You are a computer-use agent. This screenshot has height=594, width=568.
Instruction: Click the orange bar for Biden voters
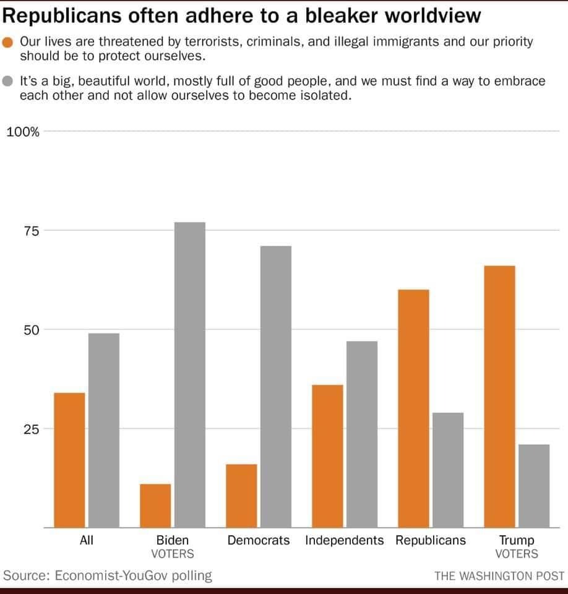point(155,506)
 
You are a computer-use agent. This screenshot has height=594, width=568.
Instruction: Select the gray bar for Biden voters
point(190,374)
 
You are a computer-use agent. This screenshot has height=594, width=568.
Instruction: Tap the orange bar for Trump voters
point(499,396)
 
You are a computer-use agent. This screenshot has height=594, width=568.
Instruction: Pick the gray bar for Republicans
point(448,470)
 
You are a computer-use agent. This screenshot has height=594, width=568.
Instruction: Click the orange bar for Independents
point(327,456)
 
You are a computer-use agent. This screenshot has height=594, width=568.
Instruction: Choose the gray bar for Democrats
point(276,387)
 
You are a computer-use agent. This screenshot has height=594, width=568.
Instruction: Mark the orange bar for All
point(69,460)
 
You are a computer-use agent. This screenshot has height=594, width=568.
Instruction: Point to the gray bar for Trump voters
point(534,486)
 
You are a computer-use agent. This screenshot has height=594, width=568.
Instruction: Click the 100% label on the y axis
point(23,132)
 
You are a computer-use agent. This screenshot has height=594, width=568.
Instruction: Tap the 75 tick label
point(31,231)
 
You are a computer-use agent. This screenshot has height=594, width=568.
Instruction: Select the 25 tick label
point(31,429)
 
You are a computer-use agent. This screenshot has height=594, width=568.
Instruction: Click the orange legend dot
point(9,43)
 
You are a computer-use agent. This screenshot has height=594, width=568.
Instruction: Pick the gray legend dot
point(9,81)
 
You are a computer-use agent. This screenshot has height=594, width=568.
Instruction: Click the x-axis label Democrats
point(259,540)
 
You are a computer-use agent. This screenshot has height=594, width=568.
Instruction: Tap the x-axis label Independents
point(345,540)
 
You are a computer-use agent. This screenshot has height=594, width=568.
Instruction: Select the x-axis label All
point(87,540)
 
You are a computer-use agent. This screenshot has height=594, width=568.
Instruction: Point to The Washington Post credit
point(499,576)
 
